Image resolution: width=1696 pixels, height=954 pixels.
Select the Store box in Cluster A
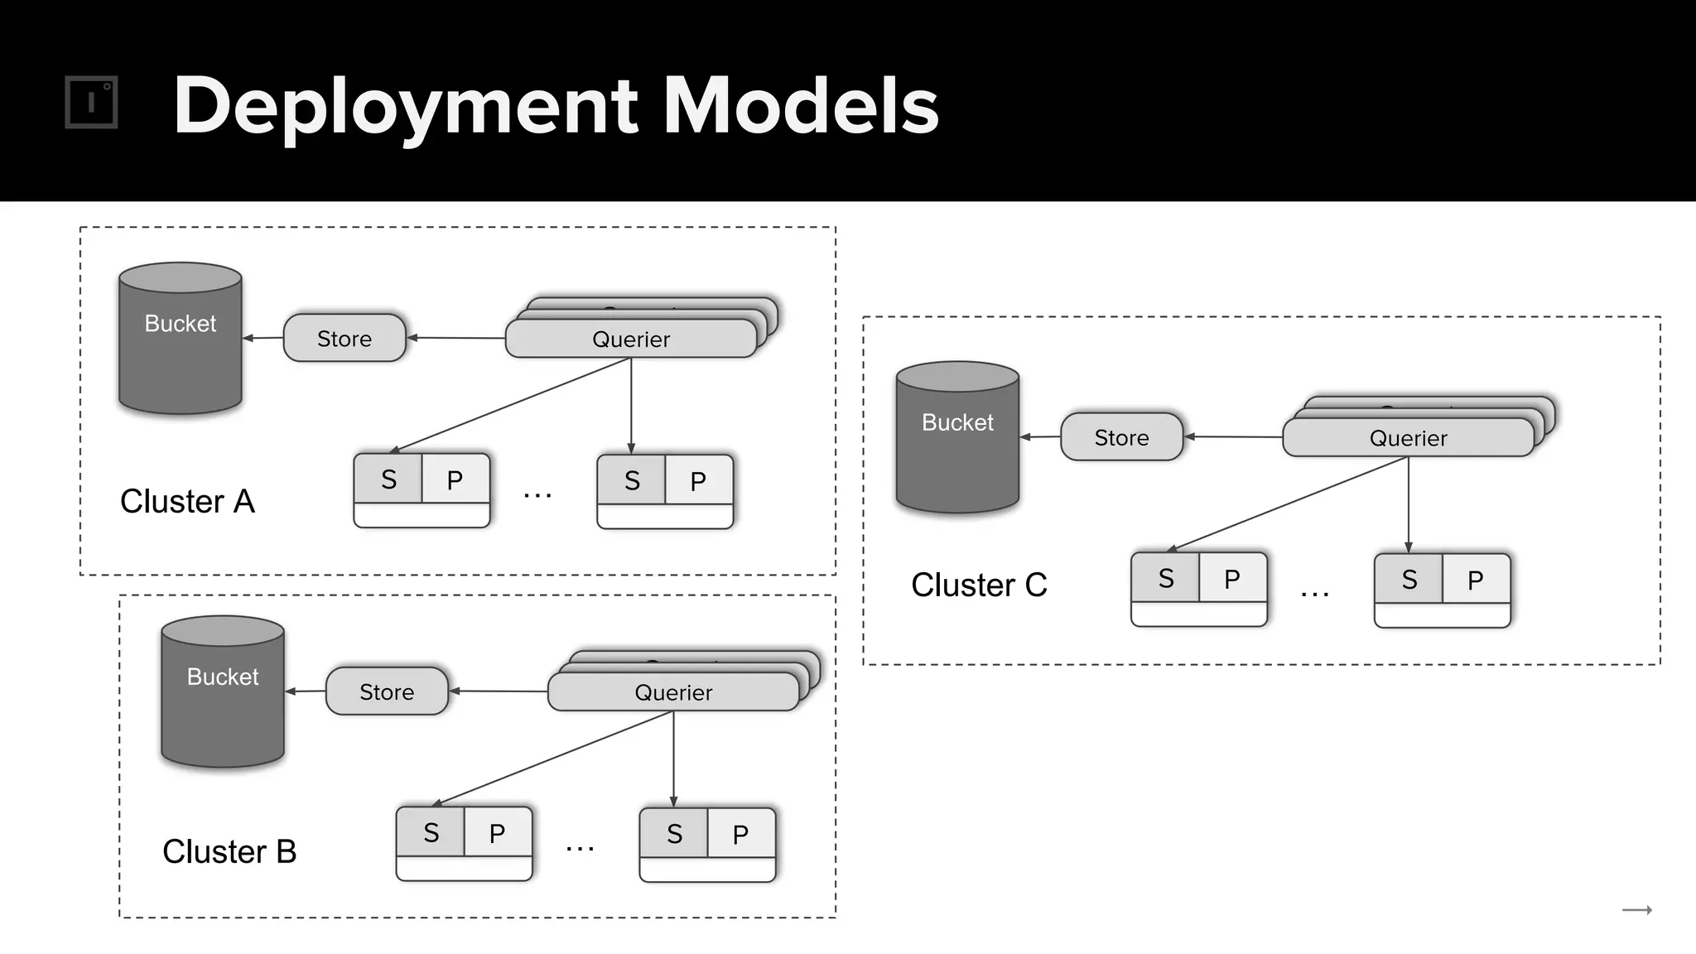[344, 338]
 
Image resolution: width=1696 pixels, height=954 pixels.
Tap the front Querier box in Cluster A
[631, 340]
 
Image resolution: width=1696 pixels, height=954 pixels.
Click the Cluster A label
[187, 501]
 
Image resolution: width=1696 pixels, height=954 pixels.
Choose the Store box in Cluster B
[387, 691]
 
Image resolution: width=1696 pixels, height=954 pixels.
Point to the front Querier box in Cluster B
[673, 692]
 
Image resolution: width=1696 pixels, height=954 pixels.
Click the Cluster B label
[229, 851]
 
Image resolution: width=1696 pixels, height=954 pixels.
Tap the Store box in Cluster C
[1121, 437]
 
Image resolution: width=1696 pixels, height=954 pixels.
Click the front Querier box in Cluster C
[1408, 438]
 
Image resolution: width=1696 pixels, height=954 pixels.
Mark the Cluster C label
[979, 585]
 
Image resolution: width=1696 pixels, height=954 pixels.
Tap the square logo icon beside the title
[91, 103]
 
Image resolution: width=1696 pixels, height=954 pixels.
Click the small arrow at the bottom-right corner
[1636, 910]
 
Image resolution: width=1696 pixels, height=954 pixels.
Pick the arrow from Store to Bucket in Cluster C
[1040, 436]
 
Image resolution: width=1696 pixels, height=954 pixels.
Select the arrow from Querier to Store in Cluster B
[498, 691]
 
